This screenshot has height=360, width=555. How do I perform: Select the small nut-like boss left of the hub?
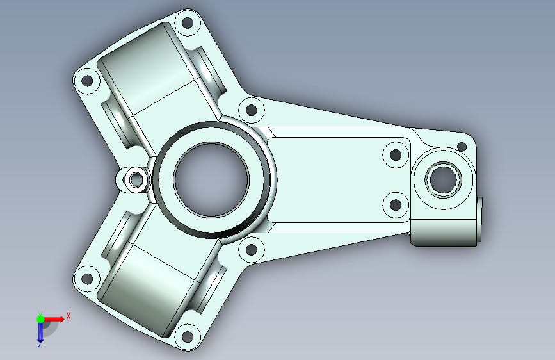(134, 179)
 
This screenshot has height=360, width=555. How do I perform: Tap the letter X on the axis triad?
(68, 315)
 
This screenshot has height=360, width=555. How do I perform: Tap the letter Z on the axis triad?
(40, 344)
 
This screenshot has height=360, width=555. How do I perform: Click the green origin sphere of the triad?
(40, 318)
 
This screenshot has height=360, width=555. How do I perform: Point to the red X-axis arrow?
(54, 318)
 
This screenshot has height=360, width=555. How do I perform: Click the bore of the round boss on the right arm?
(442, 179)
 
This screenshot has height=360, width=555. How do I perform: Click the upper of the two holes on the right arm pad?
(396, 154)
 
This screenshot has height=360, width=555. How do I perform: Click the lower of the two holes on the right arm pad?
(396, 205)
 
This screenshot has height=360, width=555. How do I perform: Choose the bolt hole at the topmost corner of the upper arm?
(187, 25)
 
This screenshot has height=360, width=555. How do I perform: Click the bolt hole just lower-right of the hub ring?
(252, 250)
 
